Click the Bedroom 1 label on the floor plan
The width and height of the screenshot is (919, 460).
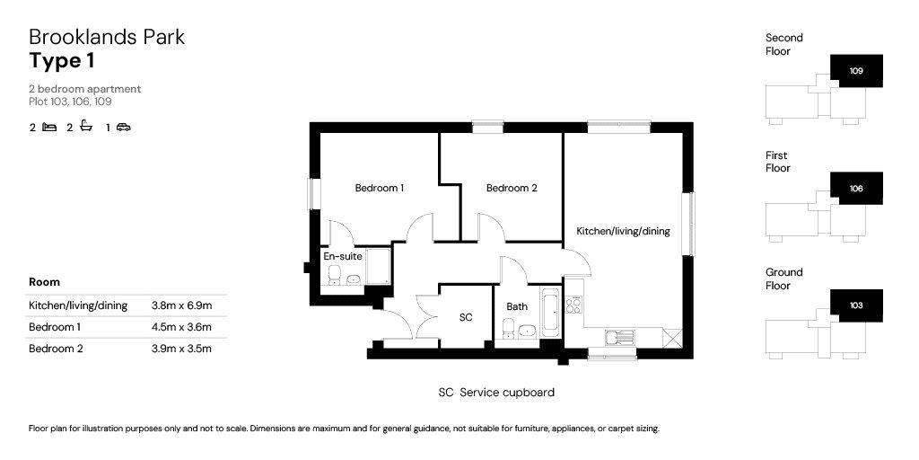[x=380, y=189]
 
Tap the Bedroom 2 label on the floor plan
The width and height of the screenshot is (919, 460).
[x=512, y=189]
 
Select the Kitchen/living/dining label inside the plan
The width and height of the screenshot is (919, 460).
[x=623, y=231]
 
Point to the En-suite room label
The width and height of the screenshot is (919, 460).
[x=343, y=256]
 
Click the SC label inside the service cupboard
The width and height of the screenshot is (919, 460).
[x=466, y=317]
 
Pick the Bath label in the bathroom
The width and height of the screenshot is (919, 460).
[x=517, y=306]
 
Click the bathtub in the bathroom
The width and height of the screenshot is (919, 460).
[x=551, y=312]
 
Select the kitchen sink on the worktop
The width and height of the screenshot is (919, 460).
[x=620, y=338]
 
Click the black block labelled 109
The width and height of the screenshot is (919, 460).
[x=856, y=71]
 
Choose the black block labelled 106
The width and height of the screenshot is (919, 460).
[x=856, y=189]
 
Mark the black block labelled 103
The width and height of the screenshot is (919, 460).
[x=856, y=305]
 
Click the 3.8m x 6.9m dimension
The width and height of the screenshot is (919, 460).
[x=181, y=305]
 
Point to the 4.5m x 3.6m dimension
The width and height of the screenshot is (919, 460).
[x=181, y=327]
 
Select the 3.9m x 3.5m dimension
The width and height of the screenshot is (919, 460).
[x=181, y=349]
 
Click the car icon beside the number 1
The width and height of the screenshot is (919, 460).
[x=123, y=127]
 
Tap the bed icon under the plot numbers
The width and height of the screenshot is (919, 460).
[x=50, y=127]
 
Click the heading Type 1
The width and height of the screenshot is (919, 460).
[x=62, y=61]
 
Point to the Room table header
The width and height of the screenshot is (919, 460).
[x=45, y=282]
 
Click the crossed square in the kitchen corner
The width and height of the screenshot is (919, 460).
[x=672, y=338]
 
